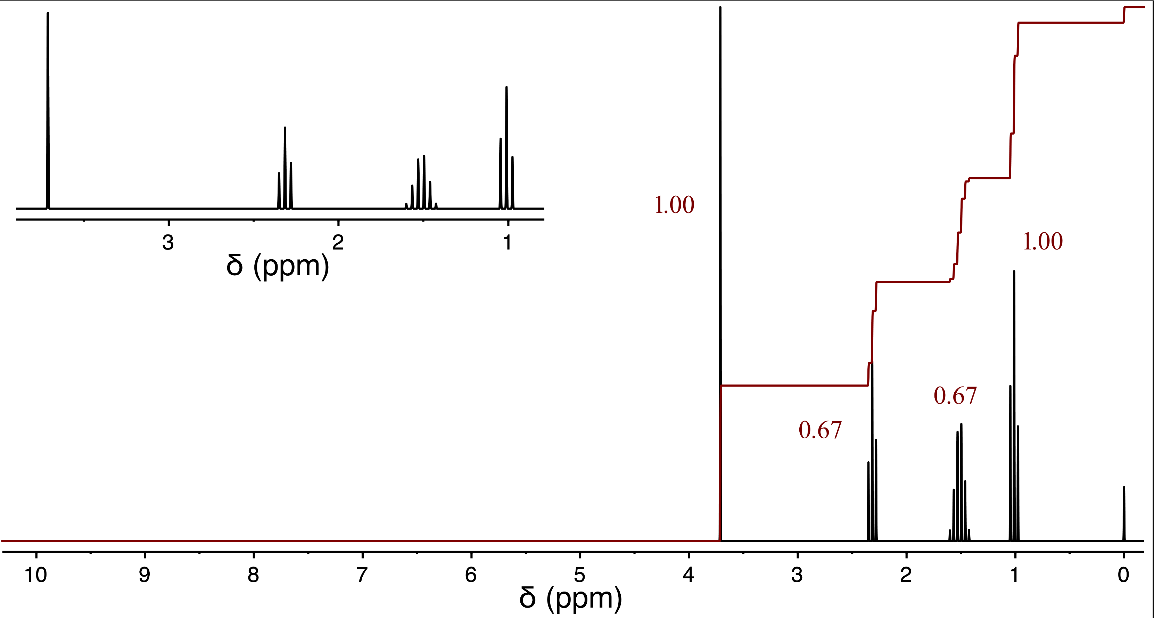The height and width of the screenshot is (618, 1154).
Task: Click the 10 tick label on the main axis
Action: pyautogui.click(x=36, y=575)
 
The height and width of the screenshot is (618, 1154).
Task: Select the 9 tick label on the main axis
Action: pyautogui.click(x=144, y=575)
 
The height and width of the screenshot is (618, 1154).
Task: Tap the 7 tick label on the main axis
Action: pyautogui.click(x=362, y=575)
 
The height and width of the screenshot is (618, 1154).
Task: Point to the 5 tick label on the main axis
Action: pyautogui.click(x=580, y=575)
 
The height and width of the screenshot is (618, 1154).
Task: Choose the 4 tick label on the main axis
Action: pyautogui.click(x=689, y=575)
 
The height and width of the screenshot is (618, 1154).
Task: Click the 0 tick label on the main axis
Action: pyautogui.click(x=1123, y=575)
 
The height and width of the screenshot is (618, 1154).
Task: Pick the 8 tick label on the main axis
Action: pyautogui.click(x=253, y=575)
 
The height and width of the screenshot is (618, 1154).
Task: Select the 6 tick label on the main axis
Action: pyautogui.click(x=471, y=575)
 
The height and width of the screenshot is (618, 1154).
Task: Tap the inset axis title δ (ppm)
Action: pyautogui.click(x=278, y=266)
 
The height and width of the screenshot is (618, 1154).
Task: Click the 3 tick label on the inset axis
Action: pyautogui.click(x=168, y=243)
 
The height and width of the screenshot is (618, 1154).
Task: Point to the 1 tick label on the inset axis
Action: pyautogui.click(x=508, y=243)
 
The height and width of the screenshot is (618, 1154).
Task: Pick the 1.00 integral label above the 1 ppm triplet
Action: pyautogui.click(x=1043, y=242)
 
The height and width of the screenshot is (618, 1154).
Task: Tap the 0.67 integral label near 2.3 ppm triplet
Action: pyautogui.click(x=820, y=430)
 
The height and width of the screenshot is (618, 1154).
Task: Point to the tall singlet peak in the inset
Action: pyautogui.click(x=48, y=112)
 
